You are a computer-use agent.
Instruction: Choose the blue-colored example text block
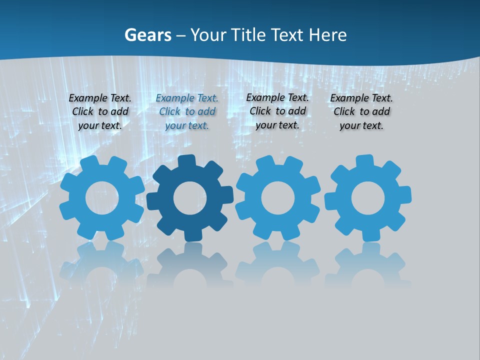pyautogui.click(x=187, y=112)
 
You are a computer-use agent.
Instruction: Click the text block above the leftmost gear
pyautogui.click(x=100, y=112)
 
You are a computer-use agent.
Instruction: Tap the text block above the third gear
pyautogui.click(x=277, y=111)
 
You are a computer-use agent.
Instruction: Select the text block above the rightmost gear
pyautogui.click(x=361, y=112)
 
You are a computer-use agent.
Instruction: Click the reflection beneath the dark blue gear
pyautogui.click(x=190, y=265)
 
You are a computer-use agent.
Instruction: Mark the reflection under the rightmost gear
pyautogui.click(x=368, y=265)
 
